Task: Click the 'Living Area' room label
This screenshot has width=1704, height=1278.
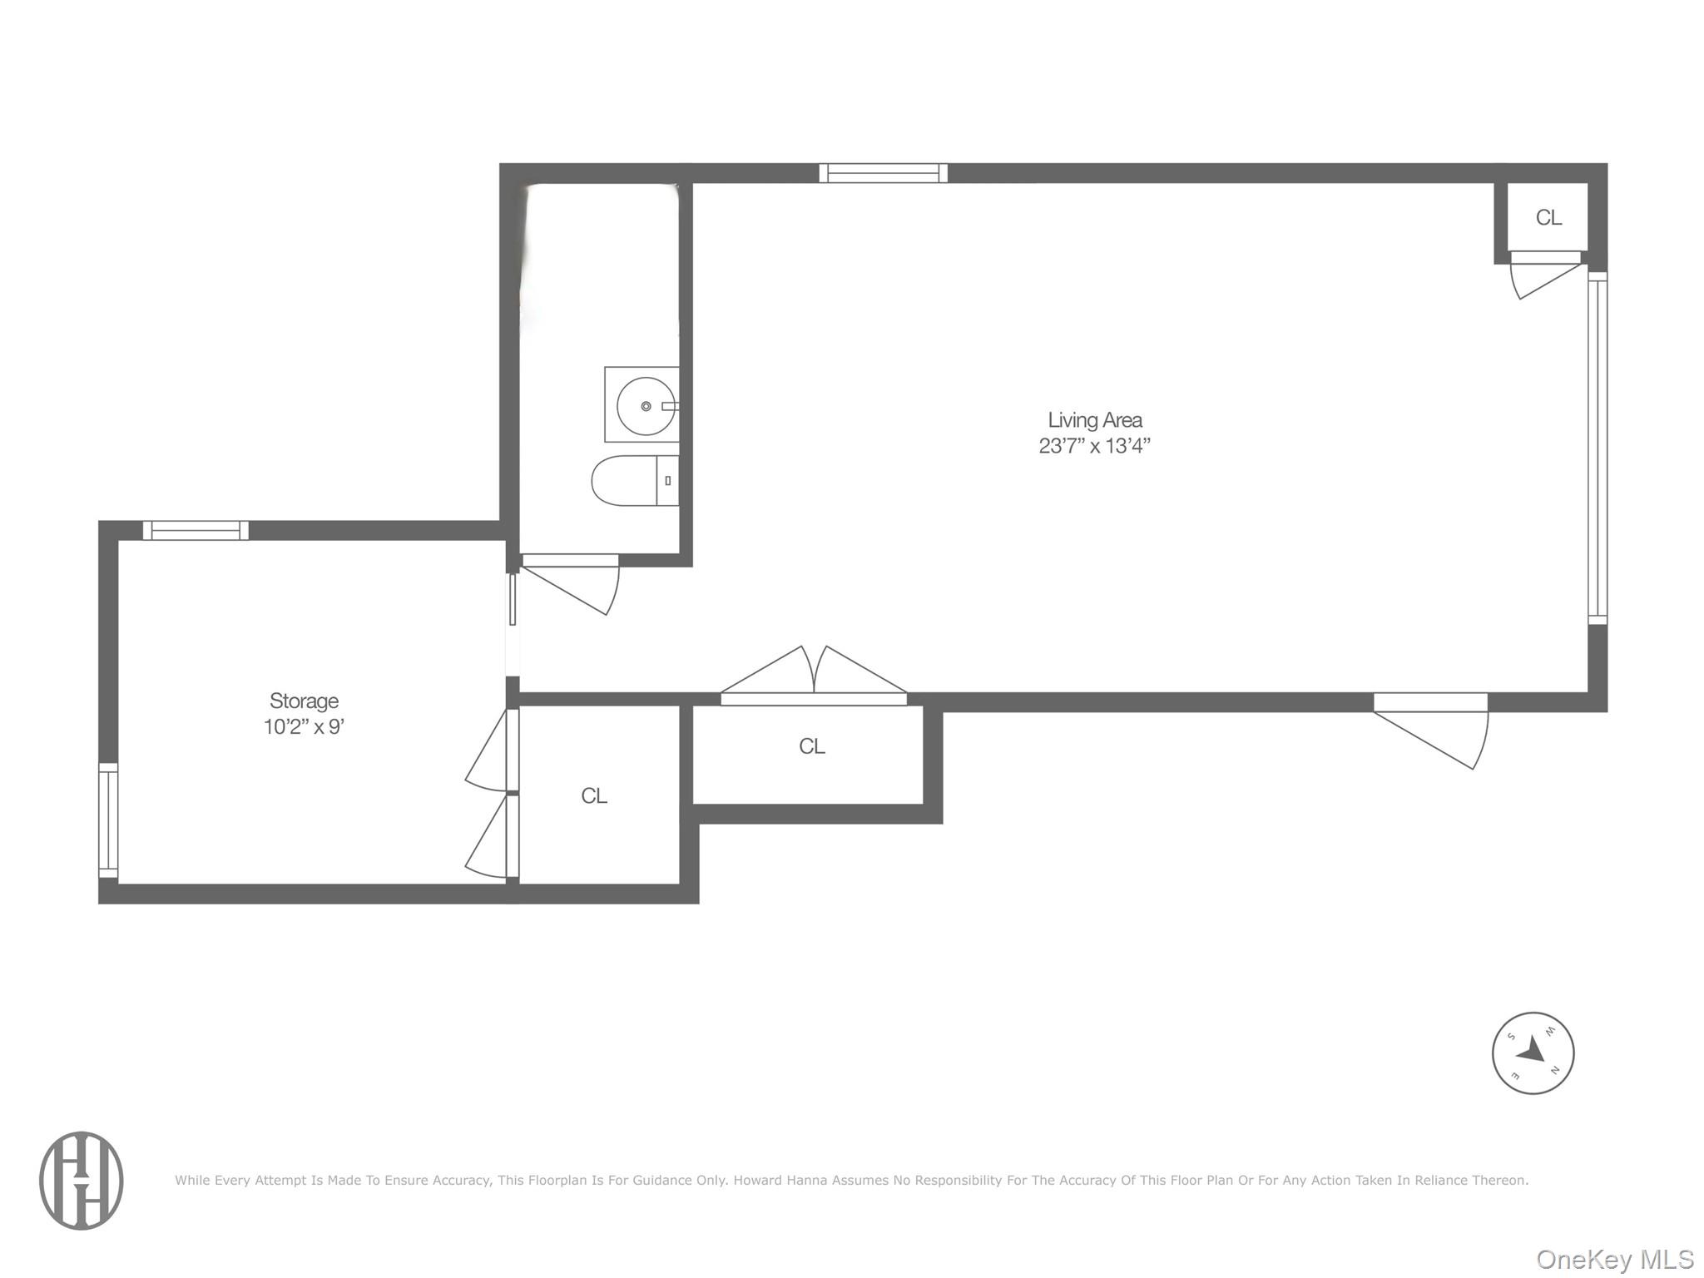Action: point(1094,420)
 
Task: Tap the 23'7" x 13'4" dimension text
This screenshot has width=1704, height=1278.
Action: point(1094,446)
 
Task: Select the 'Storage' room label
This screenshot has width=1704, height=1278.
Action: point(304,701)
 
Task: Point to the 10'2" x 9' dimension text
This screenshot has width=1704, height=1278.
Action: point(304,727)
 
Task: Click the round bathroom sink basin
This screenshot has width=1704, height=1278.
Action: point(646,406)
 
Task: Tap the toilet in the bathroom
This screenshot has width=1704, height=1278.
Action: point(635,481)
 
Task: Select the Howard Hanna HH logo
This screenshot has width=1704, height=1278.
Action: point(82,1180)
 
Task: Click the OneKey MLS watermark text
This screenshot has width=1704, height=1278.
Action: point(1614,1259)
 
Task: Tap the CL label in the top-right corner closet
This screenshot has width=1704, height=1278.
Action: point(1548,217)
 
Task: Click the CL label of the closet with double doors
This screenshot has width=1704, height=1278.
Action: point(812,746)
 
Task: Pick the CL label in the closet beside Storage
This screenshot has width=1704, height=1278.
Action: point(594,796)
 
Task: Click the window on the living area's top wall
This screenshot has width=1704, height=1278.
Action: point(884,173)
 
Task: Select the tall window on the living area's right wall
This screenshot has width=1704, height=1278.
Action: point(1597,448)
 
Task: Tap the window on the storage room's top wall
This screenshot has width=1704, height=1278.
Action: point(196,530)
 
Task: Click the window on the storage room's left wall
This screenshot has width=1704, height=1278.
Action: point(108,820)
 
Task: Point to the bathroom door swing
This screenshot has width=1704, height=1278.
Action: point(571,585)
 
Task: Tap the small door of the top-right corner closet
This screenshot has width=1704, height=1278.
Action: point(1546,275)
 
